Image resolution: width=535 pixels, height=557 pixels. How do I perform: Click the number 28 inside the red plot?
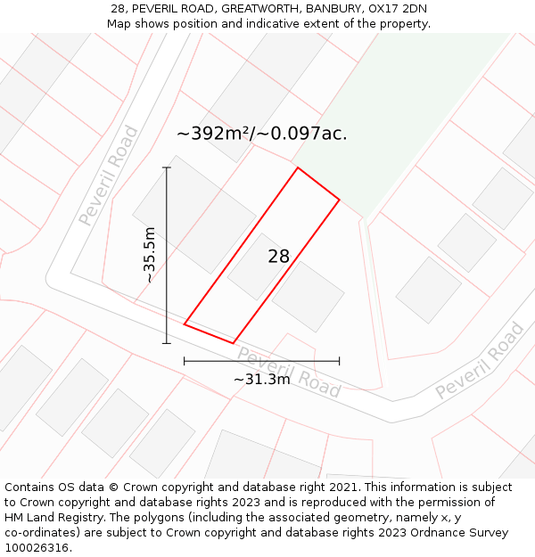pyautogui.click(x=279, y=257)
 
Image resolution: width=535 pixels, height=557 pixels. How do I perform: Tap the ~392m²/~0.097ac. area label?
pyautogui.click(x=261, y=134)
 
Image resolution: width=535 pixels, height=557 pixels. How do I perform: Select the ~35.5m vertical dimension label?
pyautogui.click(x=149, y=255)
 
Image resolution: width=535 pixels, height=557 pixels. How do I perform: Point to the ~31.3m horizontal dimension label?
pyautogui.click(x=261, y=379)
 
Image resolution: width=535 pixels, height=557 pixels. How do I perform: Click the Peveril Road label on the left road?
pyautogui.click(x=108, y=176)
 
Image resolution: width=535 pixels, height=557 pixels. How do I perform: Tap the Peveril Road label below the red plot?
pyautogui.click(x=288, y=372)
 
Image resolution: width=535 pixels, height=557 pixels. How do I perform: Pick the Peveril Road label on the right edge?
pyautogui.click(x=480, y=360)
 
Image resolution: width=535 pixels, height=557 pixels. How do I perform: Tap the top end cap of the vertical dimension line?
pyautogui.click(x=167, y=168)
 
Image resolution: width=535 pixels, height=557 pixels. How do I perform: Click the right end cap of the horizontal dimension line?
pyautogui.click(x=339, y=361)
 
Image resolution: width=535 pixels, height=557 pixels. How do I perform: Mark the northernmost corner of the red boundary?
pyautogui.click(x=298, y=168)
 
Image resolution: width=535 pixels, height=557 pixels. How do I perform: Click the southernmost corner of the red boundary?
pyautogui.click(x=233, y=342)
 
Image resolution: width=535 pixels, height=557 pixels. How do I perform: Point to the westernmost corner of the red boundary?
pyautogui.click(x=185, y=324)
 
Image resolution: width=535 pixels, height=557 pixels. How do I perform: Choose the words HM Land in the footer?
pyautogui.click(x=31, y=518)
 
